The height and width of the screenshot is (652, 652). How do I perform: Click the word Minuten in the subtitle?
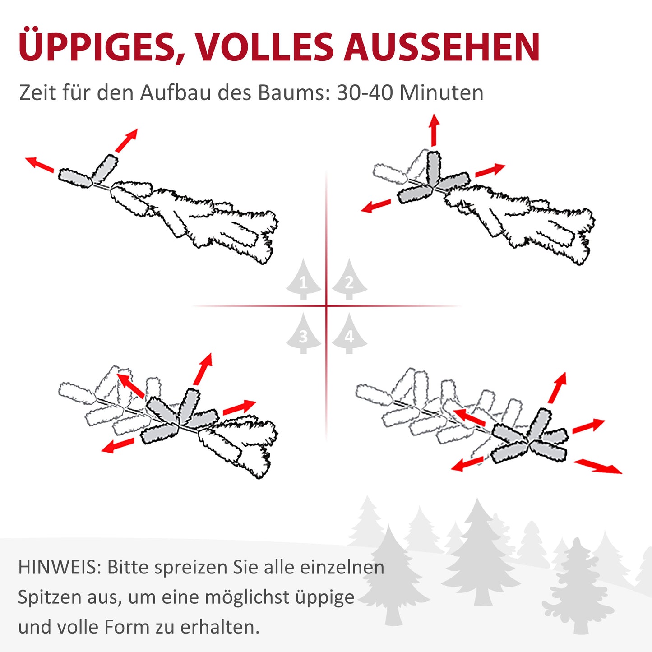tap(441, 93)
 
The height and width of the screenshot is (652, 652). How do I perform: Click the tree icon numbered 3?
tap(303, 334)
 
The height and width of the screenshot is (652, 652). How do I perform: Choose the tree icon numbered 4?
tap(350, 334)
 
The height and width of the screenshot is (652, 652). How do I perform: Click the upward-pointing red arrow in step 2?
tap(434, 129)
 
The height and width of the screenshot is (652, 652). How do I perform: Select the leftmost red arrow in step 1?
tap(39, 164)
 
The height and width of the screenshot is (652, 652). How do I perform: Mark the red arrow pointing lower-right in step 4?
tap(598, 466)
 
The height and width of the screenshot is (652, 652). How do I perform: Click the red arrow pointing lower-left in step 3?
tap(118, 445)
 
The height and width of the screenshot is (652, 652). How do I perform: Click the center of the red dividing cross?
tap(326, 306)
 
